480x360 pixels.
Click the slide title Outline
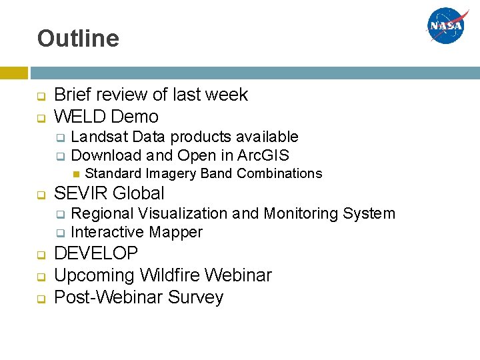click(78, 39)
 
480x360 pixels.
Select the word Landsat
click(99, 137)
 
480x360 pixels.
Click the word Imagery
click(171, 174)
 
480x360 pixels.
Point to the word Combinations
click(279, 174)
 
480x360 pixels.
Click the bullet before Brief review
click(41, 96)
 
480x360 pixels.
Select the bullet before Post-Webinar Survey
click(41, 298)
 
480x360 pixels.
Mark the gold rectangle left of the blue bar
click(13, 73)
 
